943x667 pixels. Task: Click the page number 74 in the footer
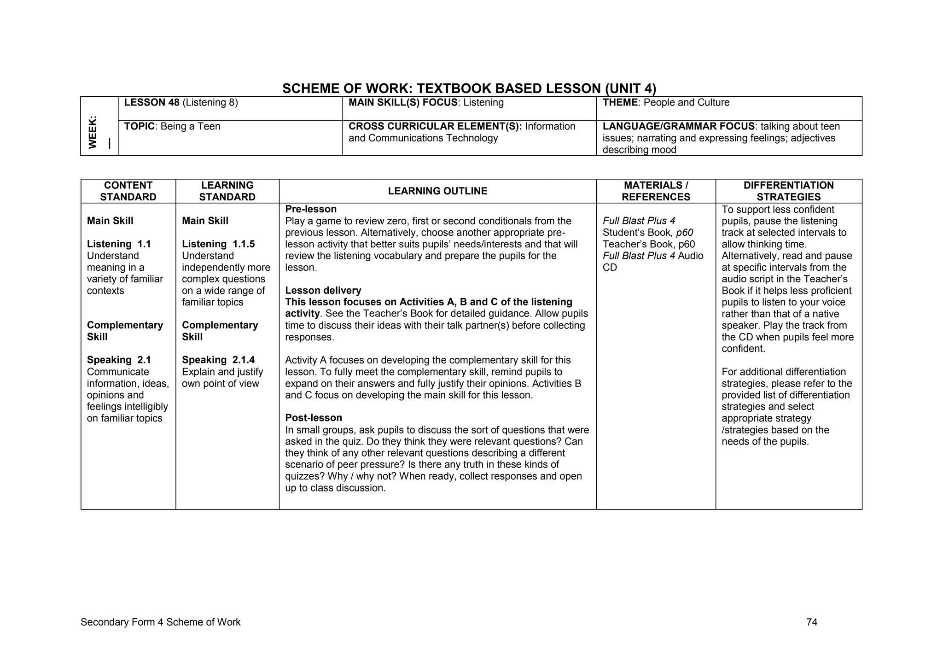point(812,622)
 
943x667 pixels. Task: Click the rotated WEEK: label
point(93,132)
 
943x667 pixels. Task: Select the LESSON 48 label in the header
point(152,103)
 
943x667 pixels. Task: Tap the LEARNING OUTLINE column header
point(437,191)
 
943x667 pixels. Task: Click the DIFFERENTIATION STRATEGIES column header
point(788,191)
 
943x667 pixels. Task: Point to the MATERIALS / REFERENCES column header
point(656,191)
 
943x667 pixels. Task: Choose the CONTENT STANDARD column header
point(128,191)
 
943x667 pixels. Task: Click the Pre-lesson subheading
point(311,209)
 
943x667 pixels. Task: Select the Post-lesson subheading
point(314,418)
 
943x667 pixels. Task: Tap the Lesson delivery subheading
point(323,291)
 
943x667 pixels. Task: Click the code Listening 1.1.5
point(218,244)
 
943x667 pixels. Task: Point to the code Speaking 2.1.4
point(218,360)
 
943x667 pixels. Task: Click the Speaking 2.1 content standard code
point(119,360)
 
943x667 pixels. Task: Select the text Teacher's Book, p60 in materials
point(648,244)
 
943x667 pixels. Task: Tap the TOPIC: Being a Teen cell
point(172,126)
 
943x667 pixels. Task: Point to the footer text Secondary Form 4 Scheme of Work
point(160,622)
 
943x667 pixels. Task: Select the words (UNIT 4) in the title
point(630,88)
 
